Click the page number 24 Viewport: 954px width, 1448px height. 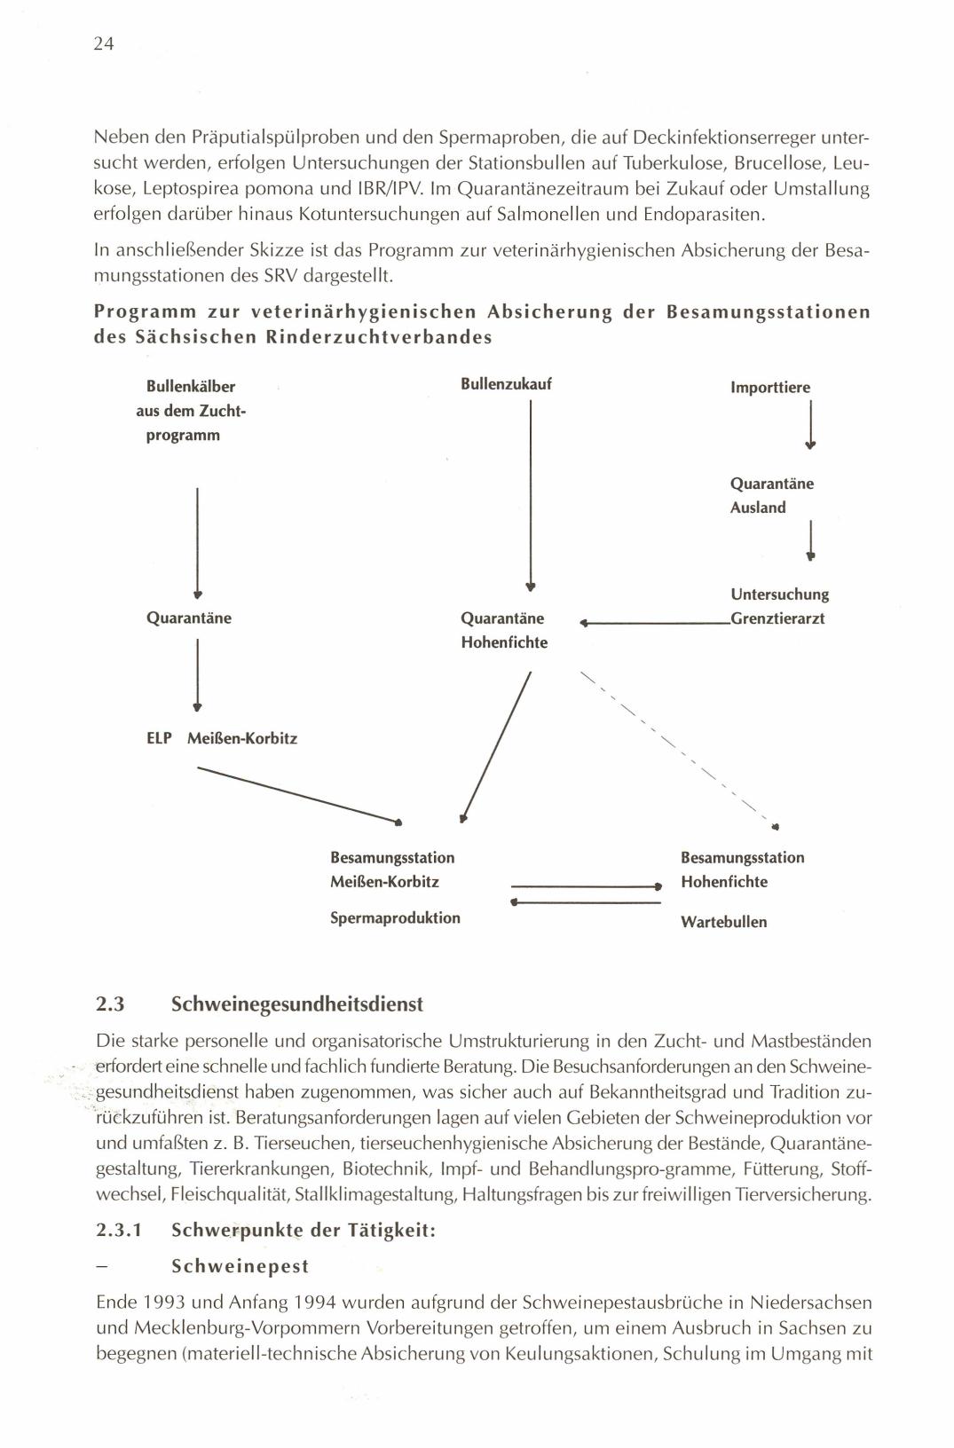click(104, 44)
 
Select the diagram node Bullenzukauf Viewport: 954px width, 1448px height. click(506, 384)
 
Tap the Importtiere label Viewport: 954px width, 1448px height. click(769, 388)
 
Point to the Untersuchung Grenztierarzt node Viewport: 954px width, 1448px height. click(779, 606)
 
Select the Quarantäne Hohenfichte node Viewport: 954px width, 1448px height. click(503, 630)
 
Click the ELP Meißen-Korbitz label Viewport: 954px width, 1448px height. click(221, 738)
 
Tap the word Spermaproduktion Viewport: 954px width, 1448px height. click(395, 917)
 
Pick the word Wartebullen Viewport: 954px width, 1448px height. click(723, 922)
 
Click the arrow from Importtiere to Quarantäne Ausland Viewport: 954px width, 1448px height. click(811, 426)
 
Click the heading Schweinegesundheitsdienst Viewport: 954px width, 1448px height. click(296, 1004)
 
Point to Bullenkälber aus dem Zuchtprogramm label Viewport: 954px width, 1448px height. click(191, 411)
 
